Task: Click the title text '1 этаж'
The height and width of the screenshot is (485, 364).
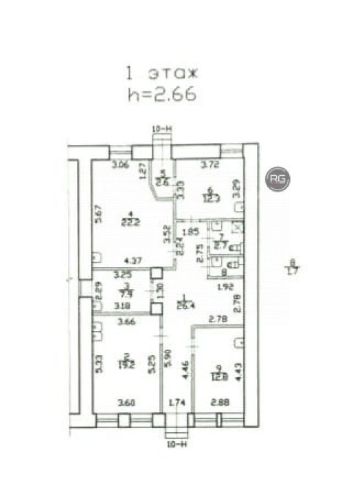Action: click(x=161, y=71)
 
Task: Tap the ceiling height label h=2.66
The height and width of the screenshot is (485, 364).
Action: click(x=161, y=94)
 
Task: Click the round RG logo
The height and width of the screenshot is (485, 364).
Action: click(x=278, y=179)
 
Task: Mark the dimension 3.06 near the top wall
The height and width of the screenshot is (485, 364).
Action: click(x=121, y=164)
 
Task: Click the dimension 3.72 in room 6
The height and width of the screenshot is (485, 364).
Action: click(x=209, y=164)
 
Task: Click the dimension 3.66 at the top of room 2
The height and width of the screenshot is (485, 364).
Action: click(x=125, y=321)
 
